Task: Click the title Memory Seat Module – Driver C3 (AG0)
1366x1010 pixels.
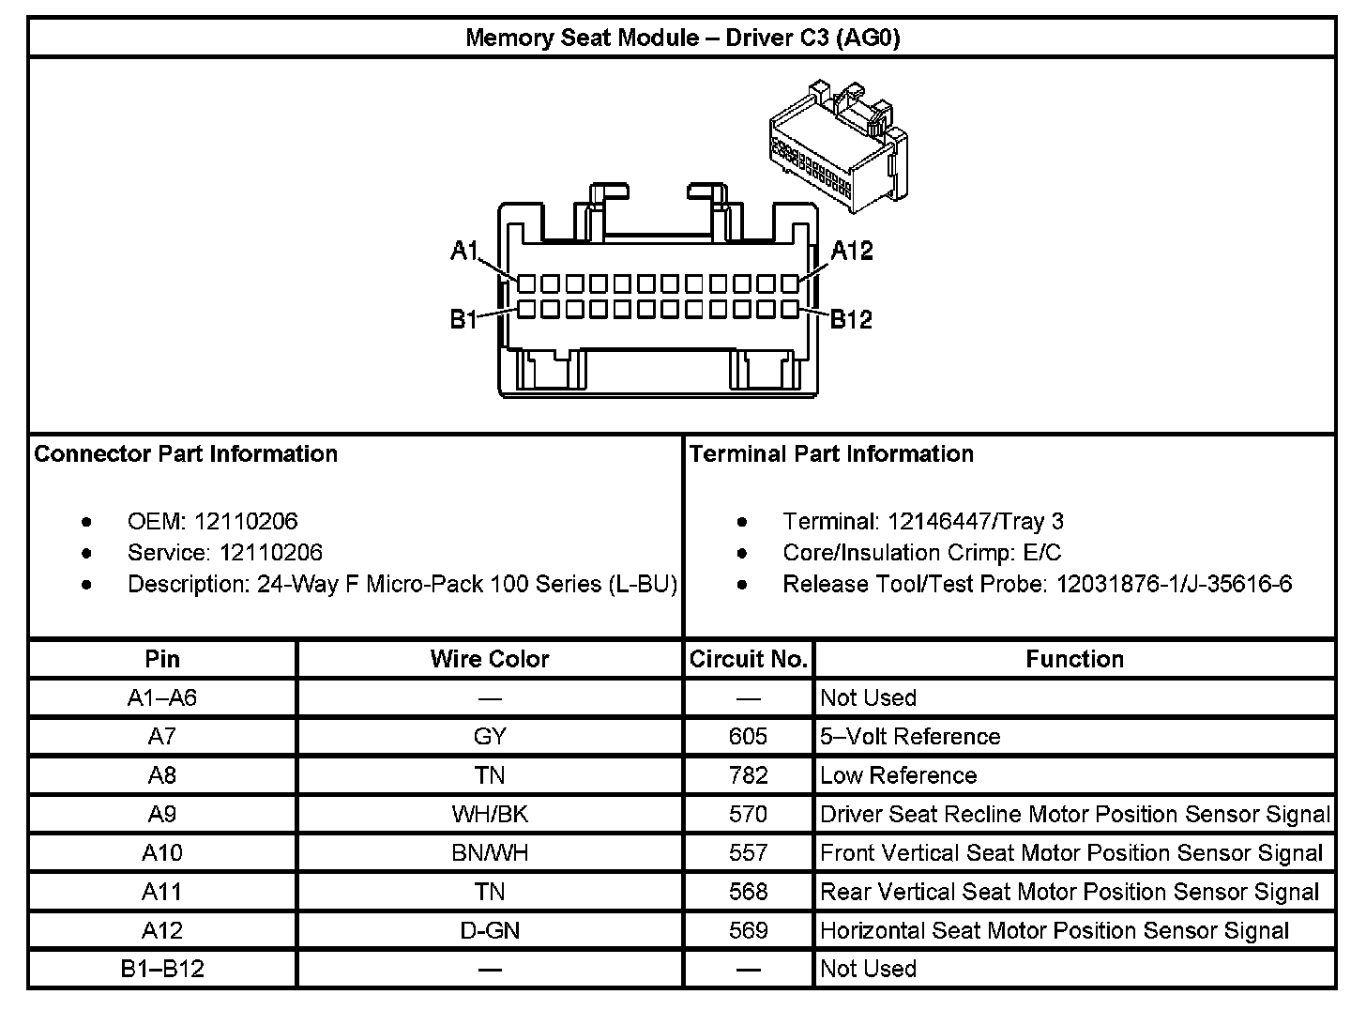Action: pyautogui.click(x=682, y=38)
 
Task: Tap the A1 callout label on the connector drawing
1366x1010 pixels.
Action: pyautogui.click(x=464, y=251)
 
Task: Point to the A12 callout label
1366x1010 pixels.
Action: pyautogui.click(x=852, y=251)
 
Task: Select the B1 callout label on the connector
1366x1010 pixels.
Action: pyautogui.click(x=463, y=319)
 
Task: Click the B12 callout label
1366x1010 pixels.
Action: pyautogui.click(x=852, y=319)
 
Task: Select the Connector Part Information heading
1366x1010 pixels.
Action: pyautogui.click(x=186, y=454)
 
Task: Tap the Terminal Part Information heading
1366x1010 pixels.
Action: pyautogui.click(x=831, y=454)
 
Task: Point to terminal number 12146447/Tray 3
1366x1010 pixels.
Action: pyautogui.click(x=976, y=522)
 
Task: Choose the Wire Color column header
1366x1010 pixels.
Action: pyautogui.click(x=490, y=659)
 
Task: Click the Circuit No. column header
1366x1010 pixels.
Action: pyautogui.click(x=748, y=659)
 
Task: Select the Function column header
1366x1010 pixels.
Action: pyautogui.click(x=1074, y=659)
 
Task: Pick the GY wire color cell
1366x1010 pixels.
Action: pyautogui.click(x=490, y=737)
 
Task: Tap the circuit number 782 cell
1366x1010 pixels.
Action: pyautogui.click(x=748, y=775)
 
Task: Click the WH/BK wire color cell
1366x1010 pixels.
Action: pyautogui.click(x=490, y=814)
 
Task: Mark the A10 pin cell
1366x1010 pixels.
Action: pyautogui.click(x=162, y=853)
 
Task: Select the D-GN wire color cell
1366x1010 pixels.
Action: pyautogui.click(x=490, y=930)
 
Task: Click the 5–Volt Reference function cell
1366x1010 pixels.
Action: pyautogui.click(x=910, y=737)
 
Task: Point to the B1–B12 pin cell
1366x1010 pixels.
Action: pyautogui.click(x=162, y=969)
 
